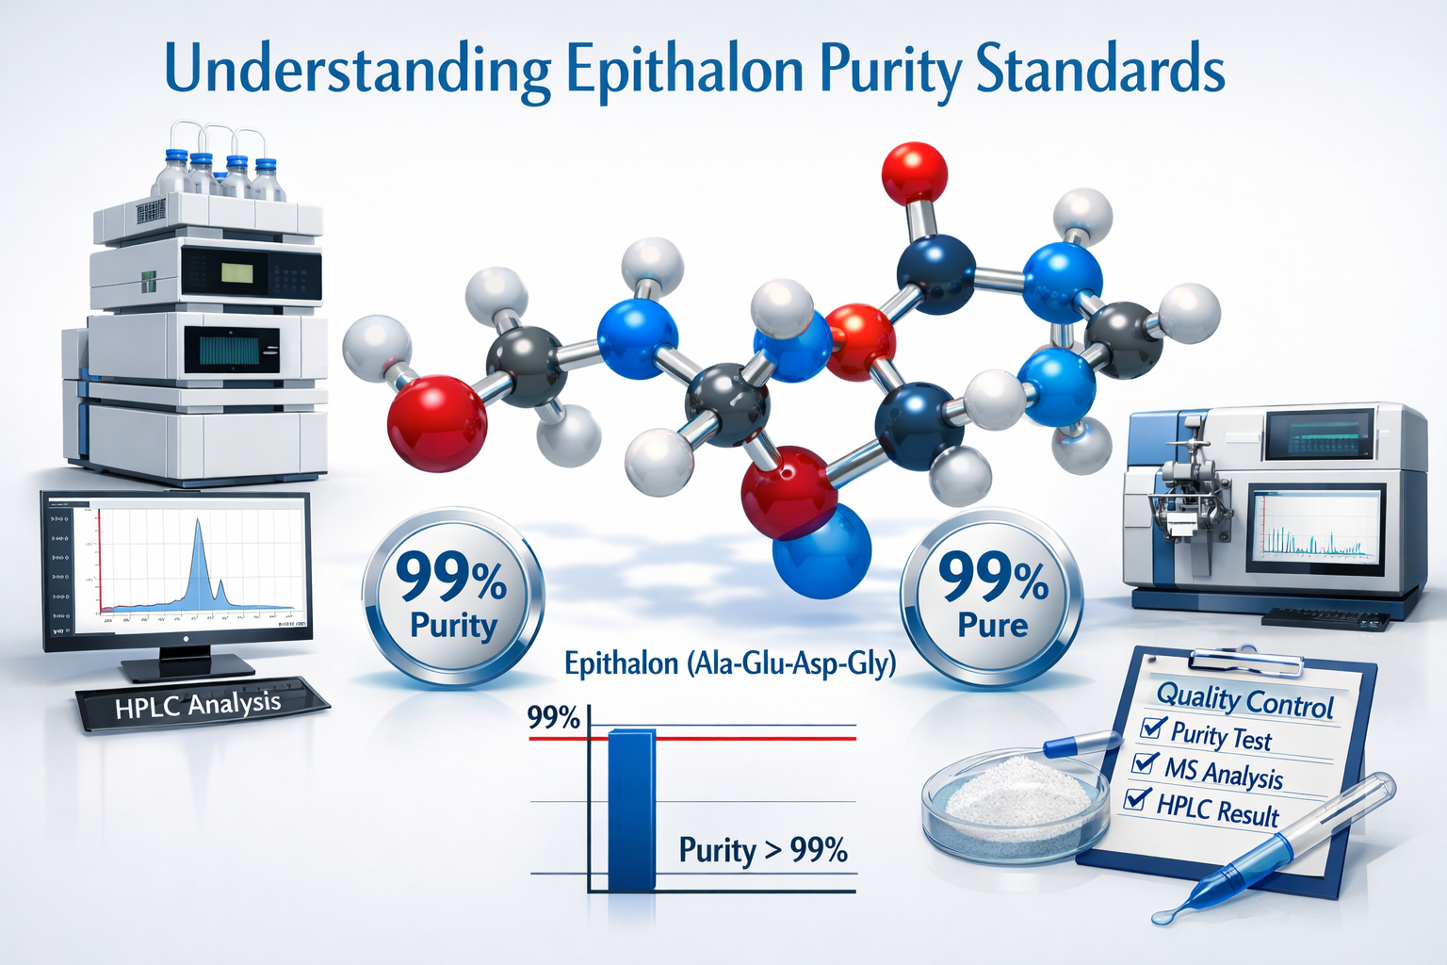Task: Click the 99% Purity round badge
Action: click(453, 596)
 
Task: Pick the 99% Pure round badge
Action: click(992, 596)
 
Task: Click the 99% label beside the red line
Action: click(553, 718)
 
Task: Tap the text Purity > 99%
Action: click(763, 850)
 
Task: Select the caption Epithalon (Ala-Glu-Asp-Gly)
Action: click(730, 664)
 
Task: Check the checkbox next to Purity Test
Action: click(1152, 727)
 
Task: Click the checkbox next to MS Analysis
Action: click(1146, 761)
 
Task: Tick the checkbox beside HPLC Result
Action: click(1137, 799)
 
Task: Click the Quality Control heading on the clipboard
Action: click(1244, 699)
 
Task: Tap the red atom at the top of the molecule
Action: click(914, 172)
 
